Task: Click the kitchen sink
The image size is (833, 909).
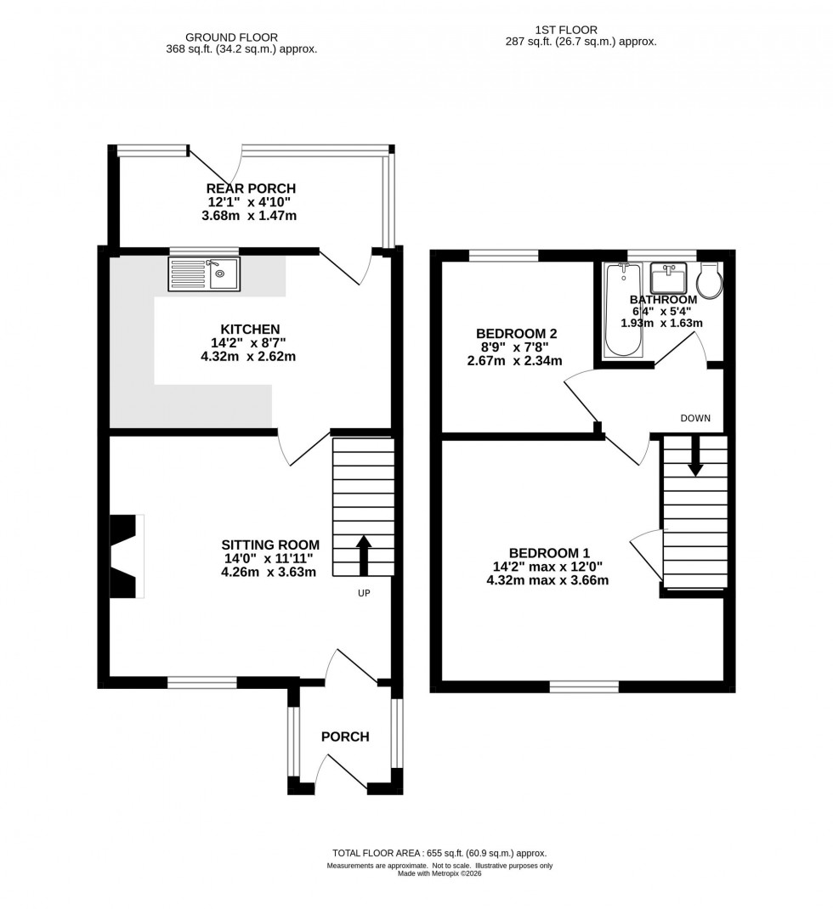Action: [x=205, y=274]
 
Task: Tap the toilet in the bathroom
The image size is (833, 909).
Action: [x=708, y=279]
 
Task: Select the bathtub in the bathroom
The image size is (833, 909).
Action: [x=624, y=310]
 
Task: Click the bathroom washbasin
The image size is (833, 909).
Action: [x=668, y=278]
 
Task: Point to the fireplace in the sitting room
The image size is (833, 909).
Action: [x=126, y=557]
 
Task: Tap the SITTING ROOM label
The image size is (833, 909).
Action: [x=270, y=545]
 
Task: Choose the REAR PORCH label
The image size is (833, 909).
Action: [x=251, y=188]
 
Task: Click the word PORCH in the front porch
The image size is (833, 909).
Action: [x=345, y=737]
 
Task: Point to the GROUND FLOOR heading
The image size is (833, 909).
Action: [x=241, y=37]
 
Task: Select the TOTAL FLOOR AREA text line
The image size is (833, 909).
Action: [x=439, y=853]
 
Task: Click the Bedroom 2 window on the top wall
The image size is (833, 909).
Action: [x=504, y=255]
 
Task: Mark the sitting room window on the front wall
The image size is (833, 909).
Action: [x=201, y=681]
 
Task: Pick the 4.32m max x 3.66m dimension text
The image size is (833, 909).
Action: [x=547, y=581]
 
